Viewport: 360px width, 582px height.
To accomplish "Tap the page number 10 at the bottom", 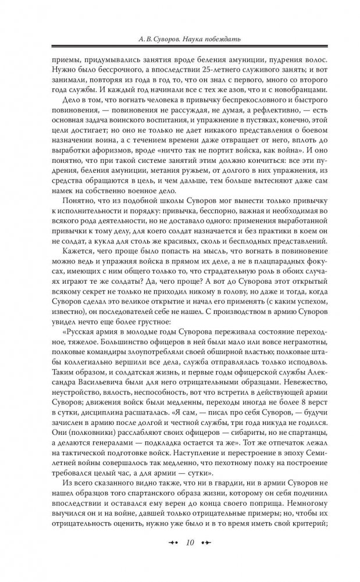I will [x=190, y=560].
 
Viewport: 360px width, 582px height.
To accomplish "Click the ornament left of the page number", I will [x=172, y=560].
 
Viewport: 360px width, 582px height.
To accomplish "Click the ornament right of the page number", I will [x=206, y=560].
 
